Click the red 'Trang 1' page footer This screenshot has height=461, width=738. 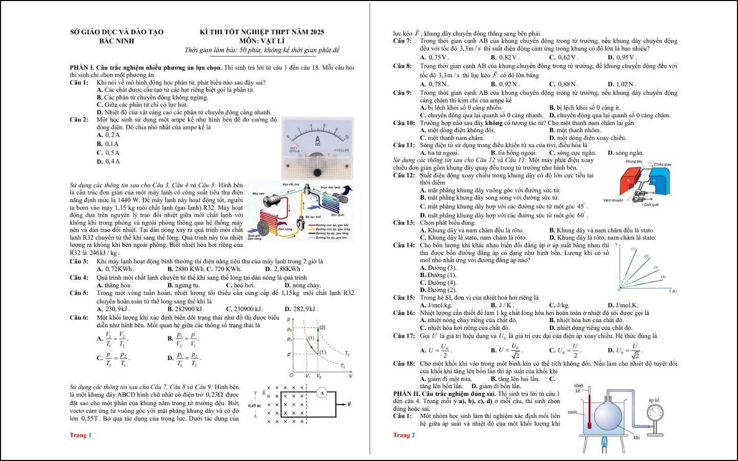tap(80, 435)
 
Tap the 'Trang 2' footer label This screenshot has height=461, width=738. tap(404, 435)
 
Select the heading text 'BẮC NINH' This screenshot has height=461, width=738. tap(117, 41)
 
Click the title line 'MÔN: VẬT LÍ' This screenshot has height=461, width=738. tap(262, 41)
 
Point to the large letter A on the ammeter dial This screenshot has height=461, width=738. tap(317, 140)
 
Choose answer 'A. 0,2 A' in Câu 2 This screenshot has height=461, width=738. tap(108, 135)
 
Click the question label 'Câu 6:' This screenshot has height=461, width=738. tap(79, 318)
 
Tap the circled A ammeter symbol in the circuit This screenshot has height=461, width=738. tap(321, 393)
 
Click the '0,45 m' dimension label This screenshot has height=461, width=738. tap(255, 405)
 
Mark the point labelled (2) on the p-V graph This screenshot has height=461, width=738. tap(322, 328)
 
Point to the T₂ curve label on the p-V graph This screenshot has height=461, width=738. tap(347, 354)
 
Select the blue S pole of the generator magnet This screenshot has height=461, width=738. tap(653, 180)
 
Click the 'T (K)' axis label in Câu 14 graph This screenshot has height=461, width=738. tap(673, 291)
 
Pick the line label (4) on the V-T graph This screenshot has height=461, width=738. tap(663, 277)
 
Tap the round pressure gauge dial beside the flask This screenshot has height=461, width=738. tap(655, 412)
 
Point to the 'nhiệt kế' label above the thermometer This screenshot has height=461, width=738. tap(579, 388)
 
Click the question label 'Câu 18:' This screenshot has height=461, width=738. tap(404, 364)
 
